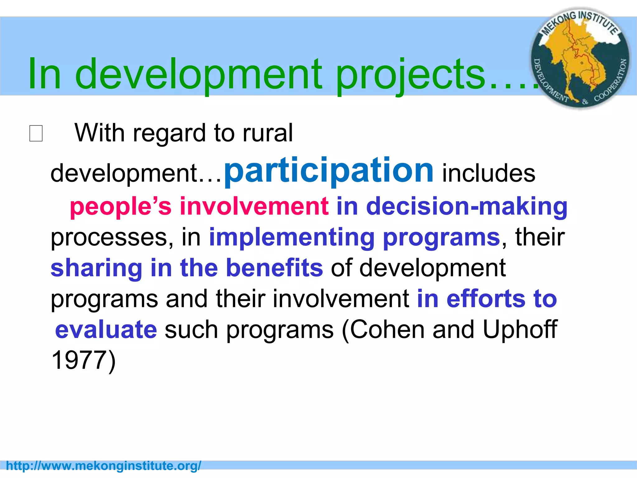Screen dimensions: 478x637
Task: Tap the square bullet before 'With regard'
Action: coord(36,134)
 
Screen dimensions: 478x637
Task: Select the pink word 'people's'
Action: coord(121,206)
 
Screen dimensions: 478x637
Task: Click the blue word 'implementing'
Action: coord(292,237)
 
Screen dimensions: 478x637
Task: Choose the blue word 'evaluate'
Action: coord(106,330)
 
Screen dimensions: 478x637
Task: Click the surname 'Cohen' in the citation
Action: coord(387,330)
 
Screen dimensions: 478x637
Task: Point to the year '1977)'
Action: coord(83,360)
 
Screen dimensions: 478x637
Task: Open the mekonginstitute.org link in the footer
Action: coord(104,466)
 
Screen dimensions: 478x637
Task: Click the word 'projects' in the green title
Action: coord(411,75)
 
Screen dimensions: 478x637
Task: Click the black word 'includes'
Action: coord(489,173)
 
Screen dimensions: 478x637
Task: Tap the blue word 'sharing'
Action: coord(96,268)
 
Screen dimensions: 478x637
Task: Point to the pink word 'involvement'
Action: coord(254,206)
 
